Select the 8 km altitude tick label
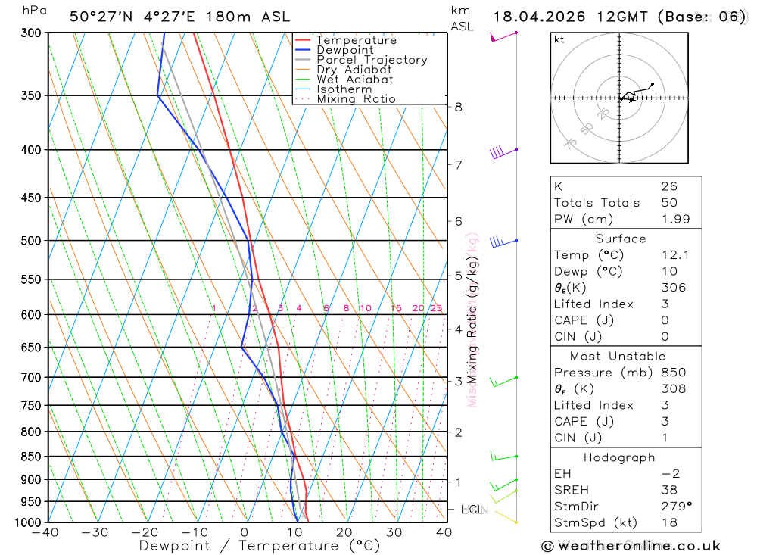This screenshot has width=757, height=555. (458, 107)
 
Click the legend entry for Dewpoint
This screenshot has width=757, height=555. (344, 50)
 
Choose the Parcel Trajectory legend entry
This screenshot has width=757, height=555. (372, 60)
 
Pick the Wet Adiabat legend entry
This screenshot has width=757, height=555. (354, 80)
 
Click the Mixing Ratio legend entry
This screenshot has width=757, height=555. (356, 99)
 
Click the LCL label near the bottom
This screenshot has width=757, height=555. (472, 510)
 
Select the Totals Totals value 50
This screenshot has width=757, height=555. (668, 203)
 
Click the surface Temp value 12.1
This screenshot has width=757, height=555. (674, 255)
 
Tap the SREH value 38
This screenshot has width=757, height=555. (668, 490)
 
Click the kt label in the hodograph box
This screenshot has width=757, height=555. (559, 39)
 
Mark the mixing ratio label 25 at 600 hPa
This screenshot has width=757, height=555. (436, 308)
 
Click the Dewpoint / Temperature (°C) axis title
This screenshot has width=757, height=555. (260, 546)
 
